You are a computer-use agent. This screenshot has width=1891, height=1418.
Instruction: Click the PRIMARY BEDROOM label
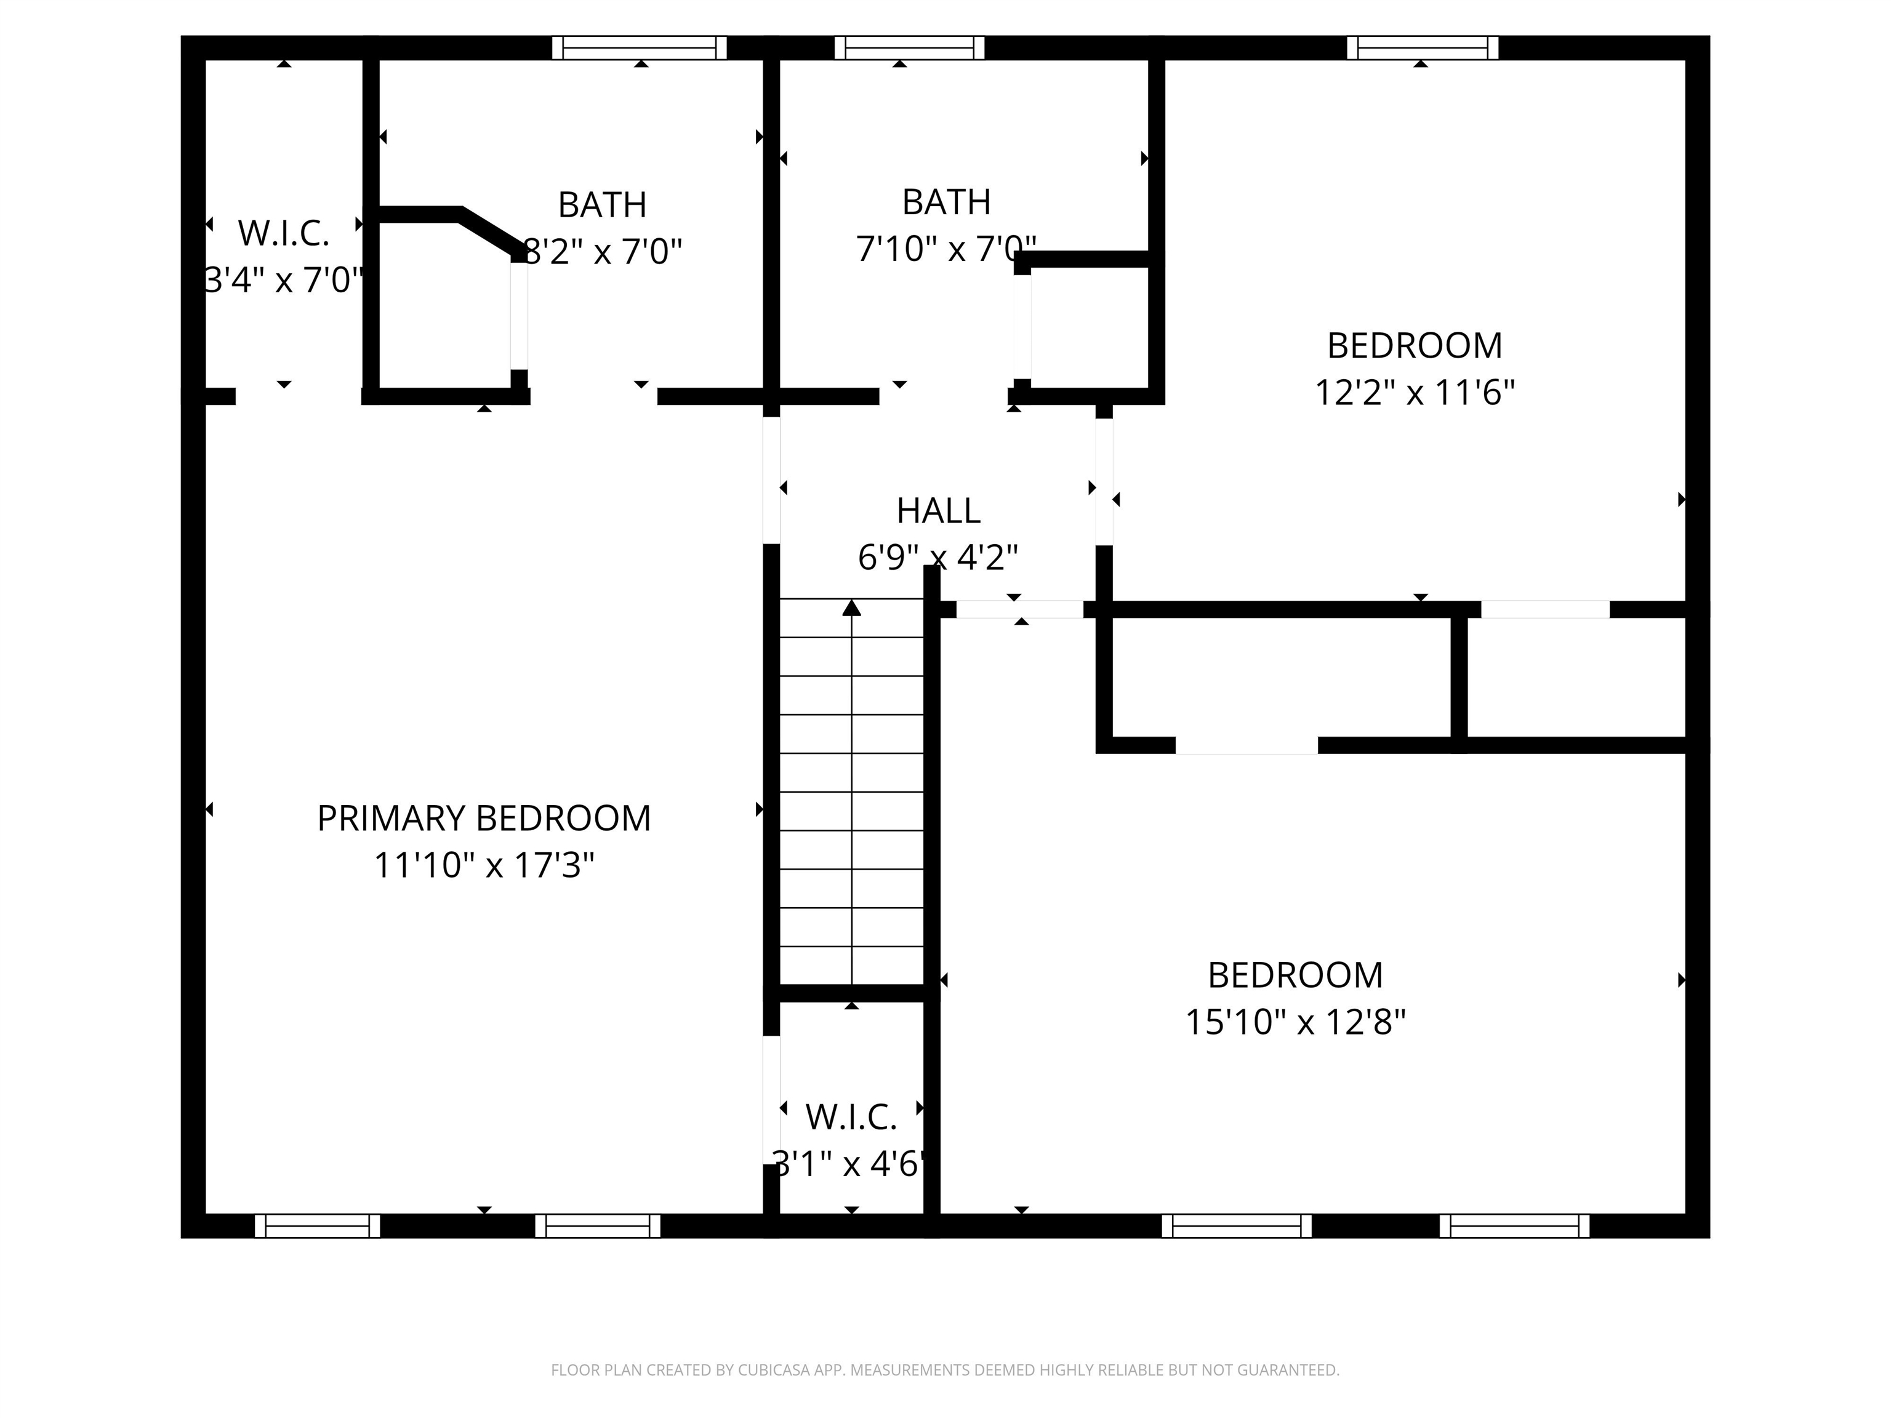pyautogui.click(x=484, y=818)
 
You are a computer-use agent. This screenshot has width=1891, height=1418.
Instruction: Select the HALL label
pyautogui.click(x=938, y=511)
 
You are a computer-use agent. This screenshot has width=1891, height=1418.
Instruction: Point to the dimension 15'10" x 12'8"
pyautogui.click(x=1295, y=1022)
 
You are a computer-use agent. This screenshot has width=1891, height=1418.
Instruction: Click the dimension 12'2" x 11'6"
pyautogui.click(x=1414, y=393)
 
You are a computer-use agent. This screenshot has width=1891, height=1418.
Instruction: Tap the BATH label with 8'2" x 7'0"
pyautogui.click(x=602, y=205)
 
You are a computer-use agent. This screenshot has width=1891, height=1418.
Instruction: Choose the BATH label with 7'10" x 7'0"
pyautogui.click(x=946, y=202)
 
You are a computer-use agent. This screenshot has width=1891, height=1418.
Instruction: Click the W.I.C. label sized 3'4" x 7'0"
pyautogui.click(x=283, y=233)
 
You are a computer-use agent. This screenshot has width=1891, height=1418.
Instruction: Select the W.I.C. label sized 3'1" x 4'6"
pyautogui.click(x=851, y=1117)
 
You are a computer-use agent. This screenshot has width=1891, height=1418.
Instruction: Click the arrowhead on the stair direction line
pyautogui.click(x=851, y=607)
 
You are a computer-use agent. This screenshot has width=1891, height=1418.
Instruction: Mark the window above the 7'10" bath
pyautogui.click(x=909, y=48)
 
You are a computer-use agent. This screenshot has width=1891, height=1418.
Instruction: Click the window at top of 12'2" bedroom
pyautogui.click(x=1423, y=48)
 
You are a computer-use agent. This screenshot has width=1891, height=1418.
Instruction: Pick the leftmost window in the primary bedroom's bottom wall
pyautogui.click(x=317, y=1226)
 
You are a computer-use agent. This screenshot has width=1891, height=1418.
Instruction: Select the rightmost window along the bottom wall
pyautogui.click(x=1514, y=1226)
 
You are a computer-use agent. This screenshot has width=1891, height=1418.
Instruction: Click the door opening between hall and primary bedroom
pyautogui.click(x=771, y=480)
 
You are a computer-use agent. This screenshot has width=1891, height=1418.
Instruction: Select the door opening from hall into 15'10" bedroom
pyautogui.click(x=1019, y=609)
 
